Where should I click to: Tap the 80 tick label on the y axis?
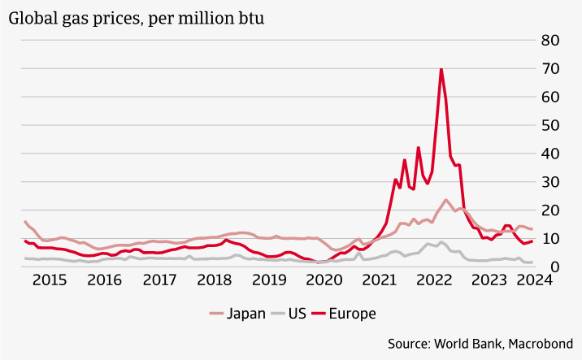click(550, 40)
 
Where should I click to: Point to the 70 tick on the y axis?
click(550, 68)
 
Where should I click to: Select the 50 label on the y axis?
click(550, 125)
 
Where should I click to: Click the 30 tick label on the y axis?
click(550, 182)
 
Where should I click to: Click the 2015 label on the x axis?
click(49, 280)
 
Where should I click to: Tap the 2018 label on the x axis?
click(215, 280)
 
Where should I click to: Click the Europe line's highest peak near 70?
click(441, 69)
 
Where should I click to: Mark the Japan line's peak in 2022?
click(445, 200)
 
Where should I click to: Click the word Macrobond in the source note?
click(544, 344)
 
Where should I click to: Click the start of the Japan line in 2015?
click(25, 222)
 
